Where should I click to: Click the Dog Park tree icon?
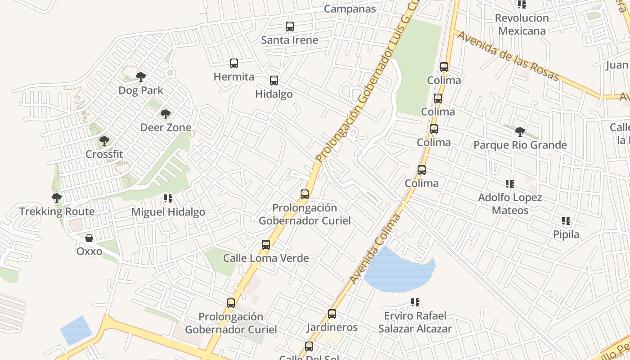(141, 76)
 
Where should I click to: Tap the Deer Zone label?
(166, 127)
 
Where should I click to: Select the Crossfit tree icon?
(104, 141)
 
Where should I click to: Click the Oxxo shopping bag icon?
(89, 238)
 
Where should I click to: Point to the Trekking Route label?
(57, 211)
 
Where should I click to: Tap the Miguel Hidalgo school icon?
(168, 198)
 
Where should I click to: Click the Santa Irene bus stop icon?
(290, 27)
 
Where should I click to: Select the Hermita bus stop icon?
(234, 63)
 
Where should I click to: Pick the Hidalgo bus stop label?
(274, 94)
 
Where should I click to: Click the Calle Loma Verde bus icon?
(266, 245)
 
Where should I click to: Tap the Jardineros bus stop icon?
(332, 314)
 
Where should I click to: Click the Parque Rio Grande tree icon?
(520, 132)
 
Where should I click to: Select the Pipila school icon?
(566, 221)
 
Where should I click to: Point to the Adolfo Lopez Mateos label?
(510, 204)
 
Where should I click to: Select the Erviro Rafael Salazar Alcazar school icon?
(415, 302)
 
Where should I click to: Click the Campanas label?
(350, 9)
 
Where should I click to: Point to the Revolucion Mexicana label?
(522, 24)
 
